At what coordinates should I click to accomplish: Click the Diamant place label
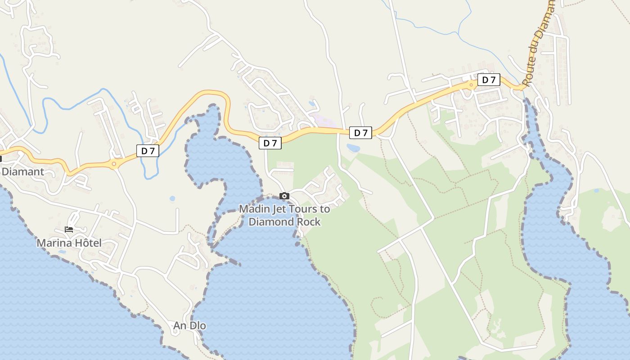(23, 171)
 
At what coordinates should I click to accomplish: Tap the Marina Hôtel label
(69, 243)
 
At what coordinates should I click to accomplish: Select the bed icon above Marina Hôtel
(69, 229)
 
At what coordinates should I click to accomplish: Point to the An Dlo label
(189, 325)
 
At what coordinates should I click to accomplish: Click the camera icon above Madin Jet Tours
(284, 196)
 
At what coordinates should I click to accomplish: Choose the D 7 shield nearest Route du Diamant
(489, 80)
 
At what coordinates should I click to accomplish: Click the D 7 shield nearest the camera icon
(270, 143)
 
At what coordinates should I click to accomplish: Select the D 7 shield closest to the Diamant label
(148, 151)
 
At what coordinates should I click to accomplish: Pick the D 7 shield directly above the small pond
(361, 133)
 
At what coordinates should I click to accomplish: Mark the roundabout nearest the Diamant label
(114, 164)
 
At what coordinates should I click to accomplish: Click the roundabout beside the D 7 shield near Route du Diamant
(471, 84)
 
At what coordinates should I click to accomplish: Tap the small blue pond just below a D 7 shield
(353, 148)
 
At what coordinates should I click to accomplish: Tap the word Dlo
(197, 325)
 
